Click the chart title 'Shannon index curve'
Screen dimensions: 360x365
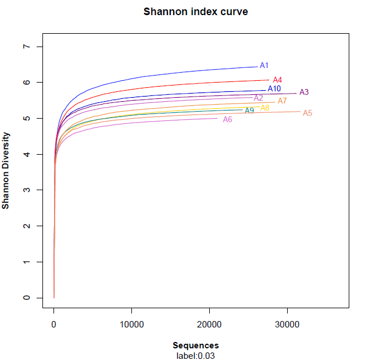point(195,12)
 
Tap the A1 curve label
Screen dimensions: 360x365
point(264,66)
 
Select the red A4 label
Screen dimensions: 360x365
point(277,80)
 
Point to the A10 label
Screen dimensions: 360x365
point(274,88)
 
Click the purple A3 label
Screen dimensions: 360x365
point(304,92)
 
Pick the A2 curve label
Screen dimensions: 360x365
point(259,98)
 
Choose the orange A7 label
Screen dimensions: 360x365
point(282,101)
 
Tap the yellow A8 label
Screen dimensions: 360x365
point(265,107)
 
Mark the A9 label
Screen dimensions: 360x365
point(249,111)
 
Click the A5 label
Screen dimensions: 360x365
point(307,113)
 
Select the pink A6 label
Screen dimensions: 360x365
point(228,119)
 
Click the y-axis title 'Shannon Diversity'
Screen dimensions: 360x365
point(6,170)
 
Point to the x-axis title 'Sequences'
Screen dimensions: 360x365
point(195,345)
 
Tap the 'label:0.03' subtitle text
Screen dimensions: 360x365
point(195,355)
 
